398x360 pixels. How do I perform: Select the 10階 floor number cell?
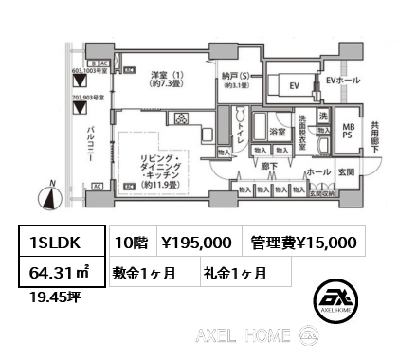click(x=133, y=243)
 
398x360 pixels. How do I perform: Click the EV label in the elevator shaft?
click(x=293, y=86)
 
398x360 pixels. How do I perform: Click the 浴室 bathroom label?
click(x=278, y=132)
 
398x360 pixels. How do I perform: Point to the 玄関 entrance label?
click(x=348, y=171)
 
